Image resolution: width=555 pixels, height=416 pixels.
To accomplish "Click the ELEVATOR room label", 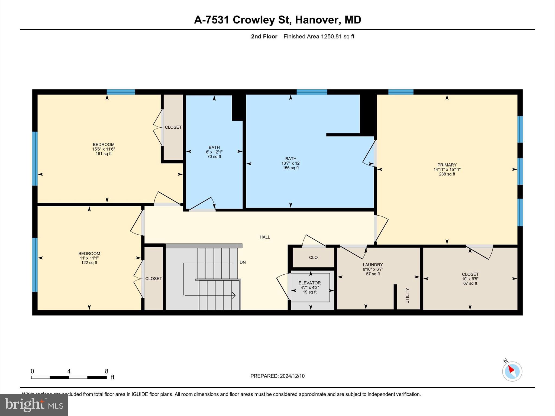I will [309, 283].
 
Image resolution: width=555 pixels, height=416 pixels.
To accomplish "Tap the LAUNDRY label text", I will [373, 265].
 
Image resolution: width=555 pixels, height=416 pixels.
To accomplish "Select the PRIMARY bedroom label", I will [447, 165].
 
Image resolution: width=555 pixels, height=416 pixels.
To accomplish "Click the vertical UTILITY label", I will [407, 295].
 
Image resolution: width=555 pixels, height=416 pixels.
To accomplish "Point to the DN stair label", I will [243, 262].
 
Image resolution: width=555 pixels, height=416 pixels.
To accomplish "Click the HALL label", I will [264, 237].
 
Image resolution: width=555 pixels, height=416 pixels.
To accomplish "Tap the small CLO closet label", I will [313, 257].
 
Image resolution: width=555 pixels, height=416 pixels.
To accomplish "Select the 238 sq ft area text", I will [447, 174].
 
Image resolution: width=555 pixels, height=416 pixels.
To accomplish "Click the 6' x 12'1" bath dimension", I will [214, 152].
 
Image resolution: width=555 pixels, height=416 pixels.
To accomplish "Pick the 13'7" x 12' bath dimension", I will [291, 163].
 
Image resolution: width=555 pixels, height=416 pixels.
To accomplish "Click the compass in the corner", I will [512, 371].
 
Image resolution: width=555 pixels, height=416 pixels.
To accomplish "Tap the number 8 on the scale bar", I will [107, 371].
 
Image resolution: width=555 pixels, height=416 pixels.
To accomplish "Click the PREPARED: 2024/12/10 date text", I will [277, 376].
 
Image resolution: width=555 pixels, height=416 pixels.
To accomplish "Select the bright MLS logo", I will [34, 405].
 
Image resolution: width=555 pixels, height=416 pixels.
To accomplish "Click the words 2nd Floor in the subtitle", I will [264, 37].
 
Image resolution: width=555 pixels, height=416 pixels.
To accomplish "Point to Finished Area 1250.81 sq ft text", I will [319, 37].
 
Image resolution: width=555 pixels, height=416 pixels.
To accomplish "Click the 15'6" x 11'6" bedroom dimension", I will [104, 149].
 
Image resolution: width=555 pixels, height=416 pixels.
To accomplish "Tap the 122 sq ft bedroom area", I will [89, 263].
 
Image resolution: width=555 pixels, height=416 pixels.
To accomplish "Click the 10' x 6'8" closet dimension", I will [470, 279].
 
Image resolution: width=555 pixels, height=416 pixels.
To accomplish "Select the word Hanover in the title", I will [317, 20].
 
